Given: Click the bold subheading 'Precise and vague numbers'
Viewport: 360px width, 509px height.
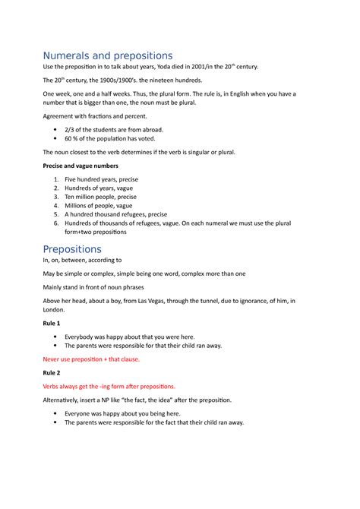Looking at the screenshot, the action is pyautogui.click(x=80, y=166).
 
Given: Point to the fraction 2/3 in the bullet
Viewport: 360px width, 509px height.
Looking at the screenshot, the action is pyautogui.click(x=69, y=130).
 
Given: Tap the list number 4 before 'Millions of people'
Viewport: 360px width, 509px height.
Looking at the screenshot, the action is pyautogui.click(x=56, y=205).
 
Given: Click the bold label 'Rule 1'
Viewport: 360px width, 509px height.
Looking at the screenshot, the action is pyautogui.click(x=53, y=323).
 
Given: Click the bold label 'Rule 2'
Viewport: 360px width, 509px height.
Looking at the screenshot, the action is pyautogui.click(x=53, y=374).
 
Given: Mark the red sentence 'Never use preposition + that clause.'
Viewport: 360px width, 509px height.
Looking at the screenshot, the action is pyautogui.click(x=91, y=359).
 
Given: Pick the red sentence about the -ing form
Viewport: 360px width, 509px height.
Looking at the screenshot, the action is pyautogui.click(x=109, y=386).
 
